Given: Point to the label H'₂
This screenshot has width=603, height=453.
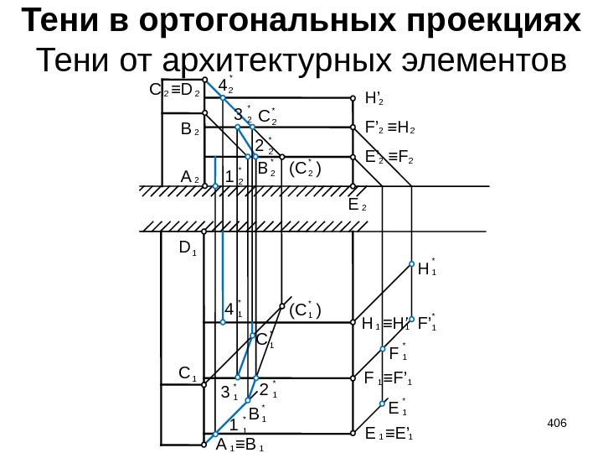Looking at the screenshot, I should (374, 98).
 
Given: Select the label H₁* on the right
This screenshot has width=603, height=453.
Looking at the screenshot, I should (427, 269).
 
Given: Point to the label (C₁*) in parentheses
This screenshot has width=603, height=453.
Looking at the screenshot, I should (305, 311).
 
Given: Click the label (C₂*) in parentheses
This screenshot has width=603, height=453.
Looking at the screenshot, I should (305, 169).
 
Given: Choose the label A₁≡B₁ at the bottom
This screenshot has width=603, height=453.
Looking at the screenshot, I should (240, 445).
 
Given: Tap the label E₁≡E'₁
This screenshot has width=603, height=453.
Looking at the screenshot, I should (390, 435).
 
